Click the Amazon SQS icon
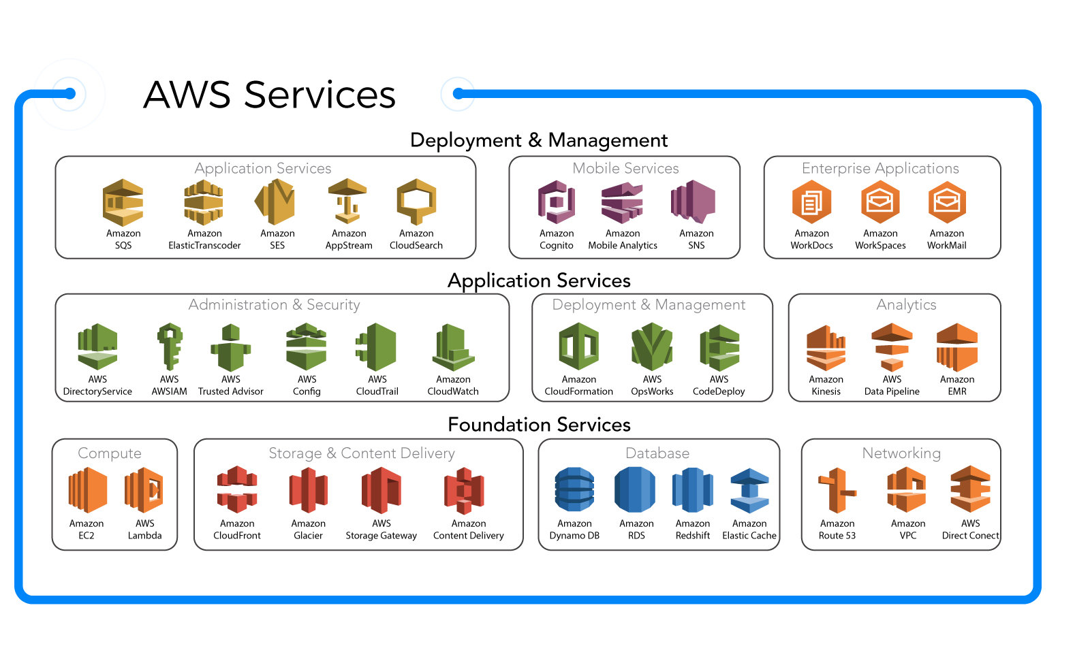[x=123, y=203]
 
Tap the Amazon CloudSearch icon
[x=416, y=201]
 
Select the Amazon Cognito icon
[x=557, y=202]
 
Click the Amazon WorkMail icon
[x=947, y=202]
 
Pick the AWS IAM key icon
[x=170, y=346]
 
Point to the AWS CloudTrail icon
[x=377, y=347]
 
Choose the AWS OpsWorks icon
[x=652, y=347]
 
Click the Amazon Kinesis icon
[x=826, y=348]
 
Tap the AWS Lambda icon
[x=144, y=490]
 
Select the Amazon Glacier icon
[x=308, y=490]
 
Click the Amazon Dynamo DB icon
[x=574, y=489]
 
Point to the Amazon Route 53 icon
[x=837, y=490]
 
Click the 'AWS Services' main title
[x=270, y=95]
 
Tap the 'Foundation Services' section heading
[x=539, y=425]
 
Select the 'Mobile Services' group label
[x=625, y=168]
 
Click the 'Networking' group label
[x=901, y=453]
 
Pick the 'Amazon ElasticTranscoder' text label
[x=204, y=240]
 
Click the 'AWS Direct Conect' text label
[x=970, y=530]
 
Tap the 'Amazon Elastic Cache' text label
[x=749, y=530]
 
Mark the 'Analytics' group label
[x=906, y=305]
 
